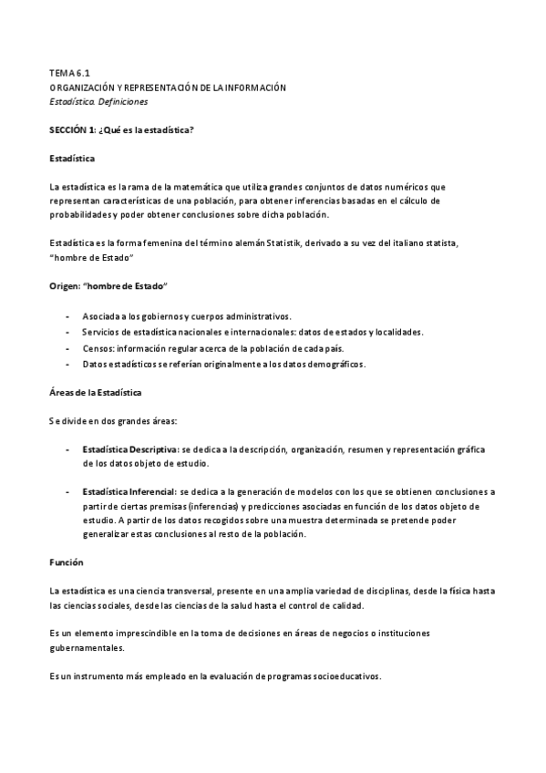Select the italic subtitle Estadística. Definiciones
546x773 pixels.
[x=98, y=101]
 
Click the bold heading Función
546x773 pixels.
[x=65, y=562]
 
